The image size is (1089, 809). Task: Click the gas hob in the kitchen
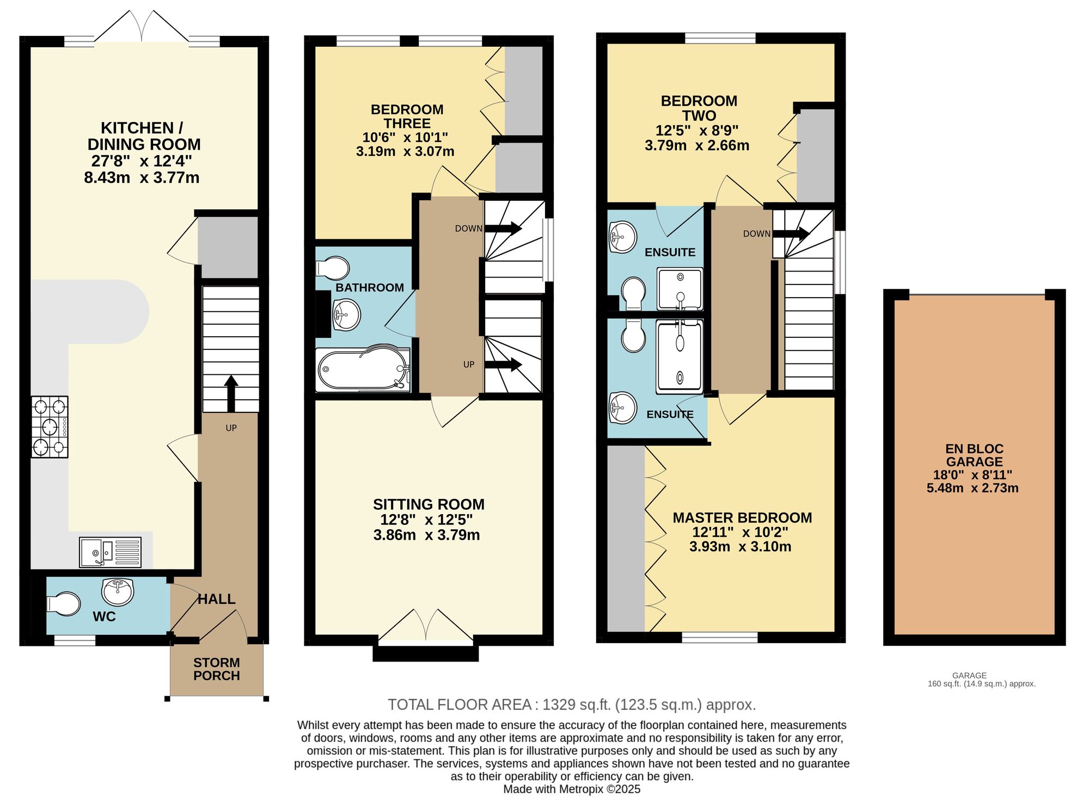50,427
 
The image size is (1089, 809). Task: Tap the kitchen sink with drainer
110,552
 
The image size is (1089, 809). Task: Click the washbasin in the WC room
118,591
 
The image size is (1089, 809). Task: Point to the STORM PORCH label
217,669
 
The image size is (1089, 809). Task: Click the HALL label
216,599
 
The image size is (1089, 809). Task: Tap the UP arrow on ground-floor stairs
231,393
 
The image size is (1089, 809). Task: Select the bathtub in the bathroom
363,369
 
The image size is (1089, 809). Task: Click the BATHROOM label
370,287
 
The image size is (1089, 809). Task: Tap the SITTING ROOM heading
429,504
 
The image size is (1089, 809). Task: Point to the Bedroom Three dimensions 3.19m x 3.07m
405,151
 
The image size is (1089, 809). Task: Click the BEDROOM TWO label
699,108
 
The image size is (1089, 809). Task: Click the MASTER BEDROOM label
742,517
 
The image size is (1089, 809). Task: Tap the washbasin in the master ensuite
622,407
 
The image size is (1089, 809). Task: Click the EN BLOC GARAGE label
974,455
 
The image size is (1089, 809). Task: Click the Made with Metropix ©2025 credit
572,789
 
